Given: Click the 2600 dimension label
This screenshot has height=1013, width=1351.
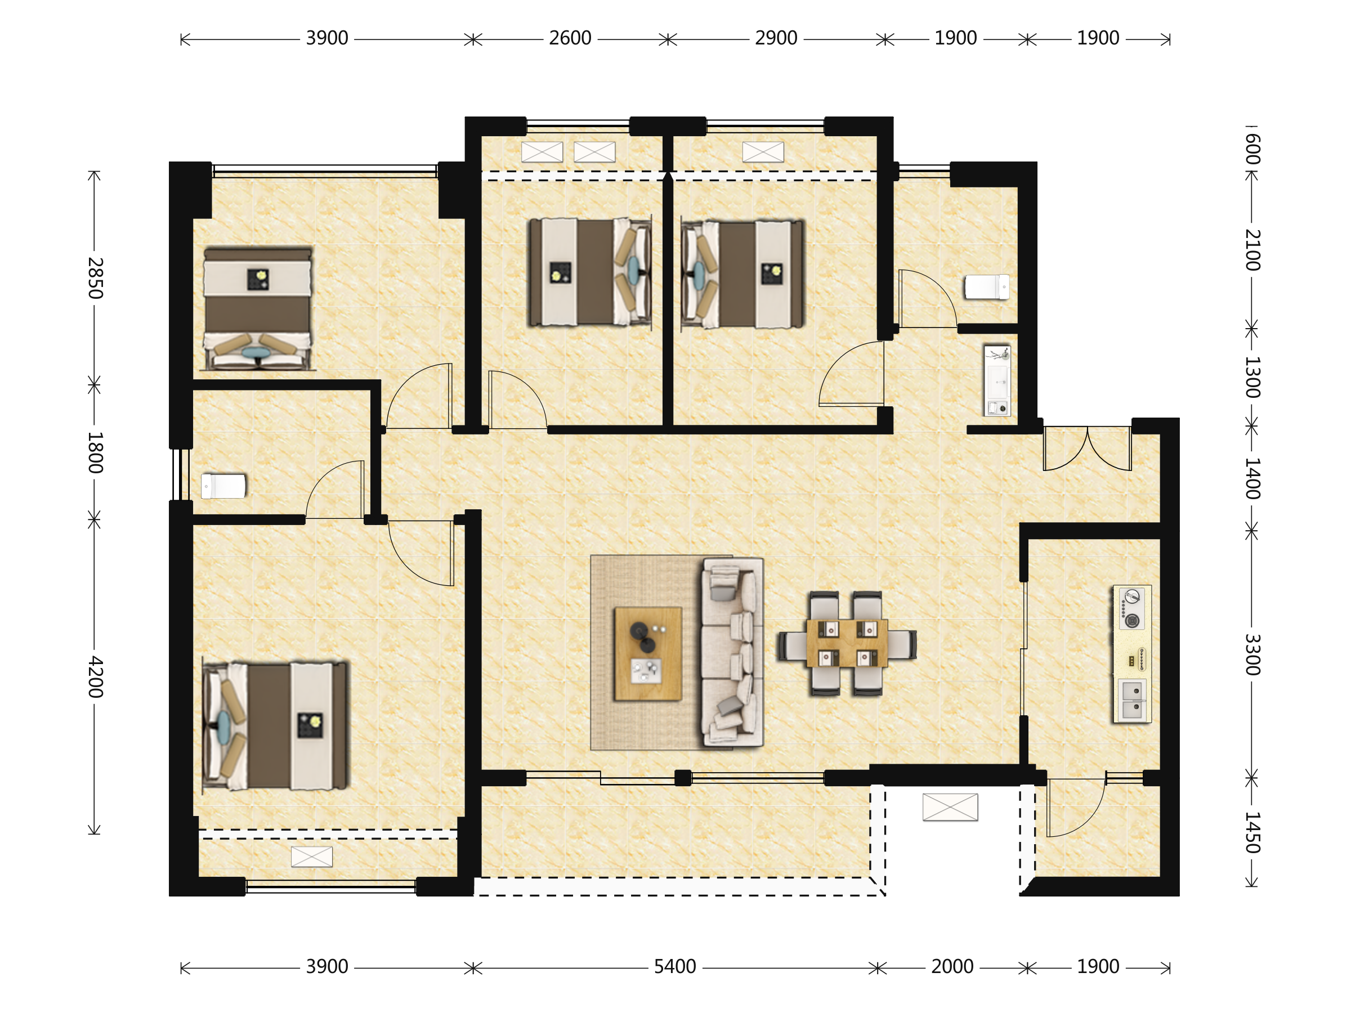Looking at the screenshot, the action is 570,38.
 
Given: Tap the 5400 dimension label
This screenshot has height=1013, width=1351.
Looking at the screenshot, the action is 675,967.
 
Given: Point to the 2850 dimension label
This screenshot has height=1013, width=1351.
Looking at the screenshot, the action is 95,278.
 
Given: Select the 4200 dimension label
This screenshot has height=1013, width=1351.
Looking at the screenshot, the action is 95,676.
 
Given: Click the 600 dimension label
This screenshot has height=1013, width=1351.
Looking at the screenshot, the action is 1251,149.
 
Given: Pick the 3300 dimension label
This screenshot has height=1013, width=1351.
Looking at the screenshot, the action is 1251,654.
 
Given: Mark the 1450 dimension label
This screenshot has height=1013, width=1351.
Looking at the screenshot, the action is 1251,832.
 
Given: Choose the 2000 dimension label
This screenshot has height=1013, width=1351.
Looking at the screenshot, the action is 952,967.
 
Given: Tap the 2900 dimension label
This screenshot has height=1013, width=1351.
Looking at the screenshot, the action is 776,38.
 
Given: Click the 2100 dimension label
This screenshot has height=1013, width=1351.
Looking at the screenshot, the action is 1251,250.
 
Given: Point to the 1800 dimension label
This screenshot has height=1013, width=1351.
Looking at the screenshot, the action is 95,452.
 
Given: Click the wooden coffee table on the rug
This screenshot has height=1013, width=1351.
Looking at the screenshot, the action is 648,653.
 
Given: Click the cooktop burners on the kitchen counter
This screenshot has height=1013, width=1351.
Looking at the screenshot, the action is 1131,609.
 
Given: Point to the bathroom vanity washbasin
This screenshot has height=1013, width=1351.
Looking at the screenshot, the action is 997,380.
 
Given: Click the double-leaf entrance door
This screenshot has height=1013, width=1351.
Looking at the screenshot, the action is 1087,448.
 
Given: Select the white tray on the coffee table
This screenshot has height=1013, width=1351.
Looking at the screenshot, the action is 646,671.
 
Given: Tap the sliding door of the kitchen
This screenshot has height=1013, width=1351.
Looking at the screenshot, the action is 1023,648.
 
